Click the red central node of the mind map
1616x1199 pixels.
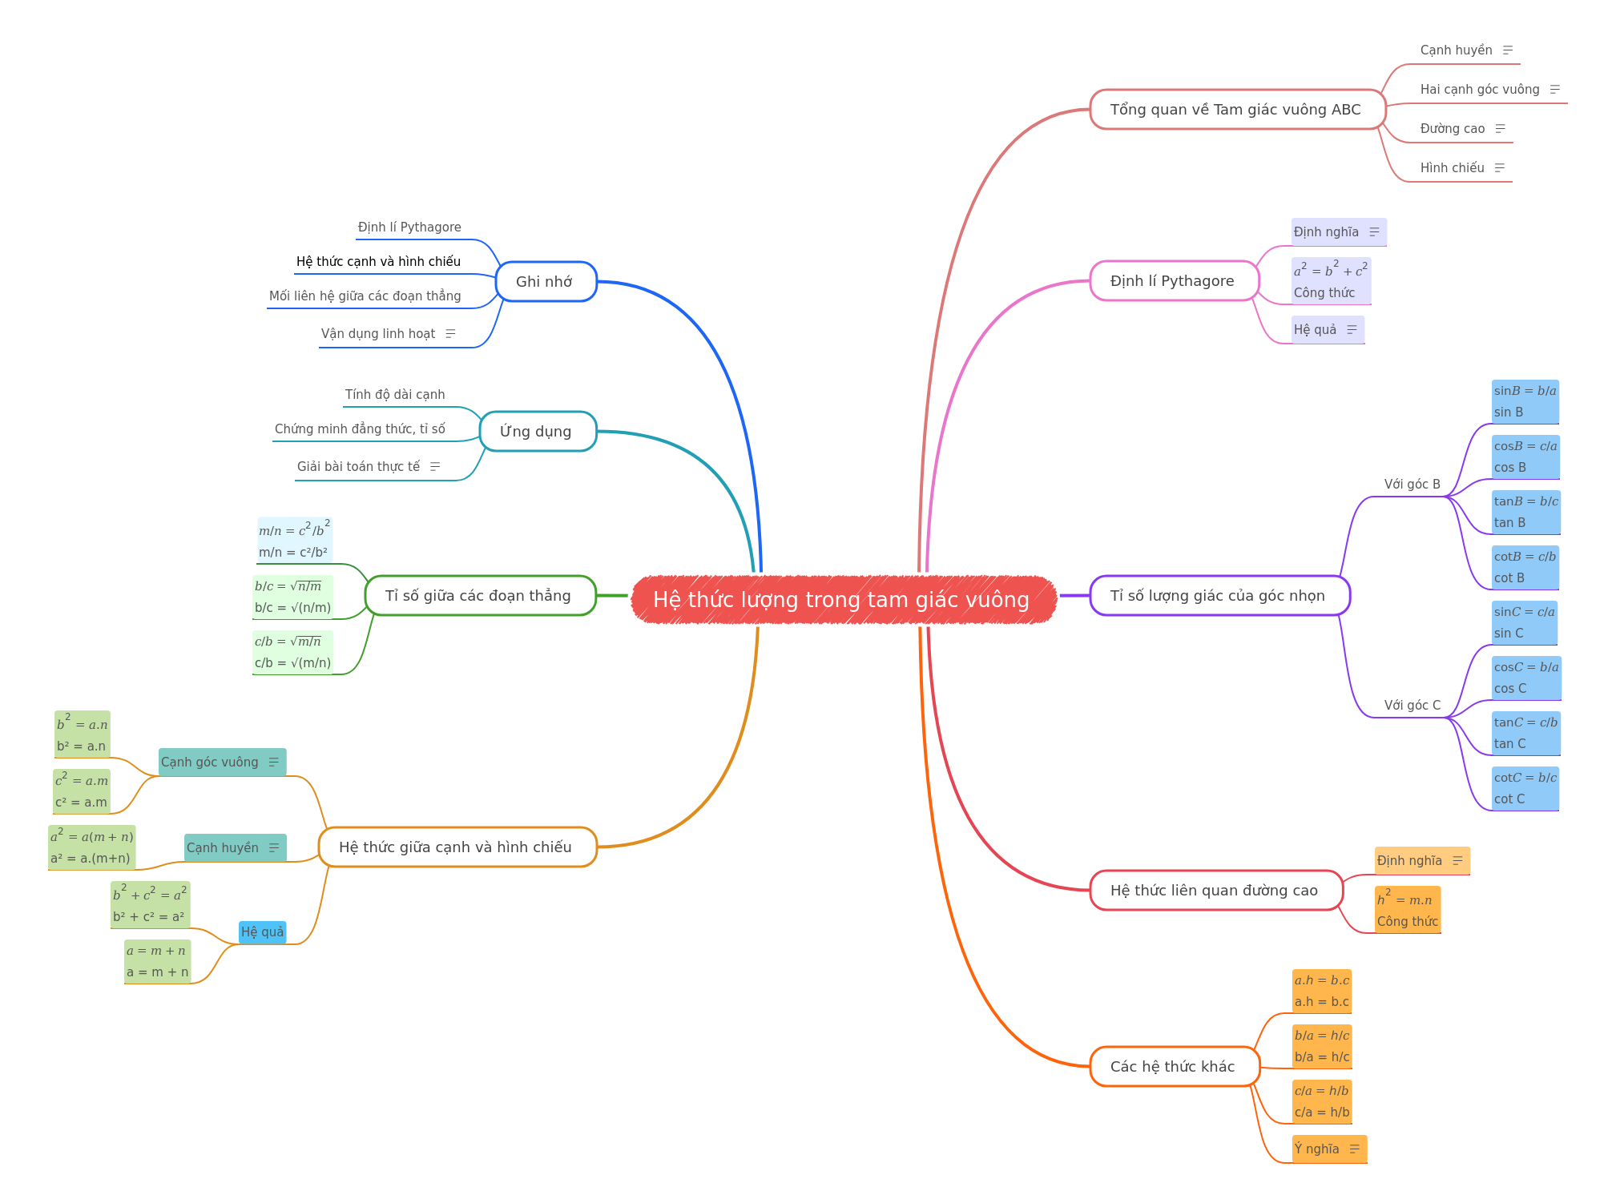click(844, 599)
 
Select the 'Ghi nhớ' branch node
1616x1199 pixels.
click(546, 282)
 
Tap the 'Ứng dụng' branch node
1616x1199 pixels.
click(538, 432)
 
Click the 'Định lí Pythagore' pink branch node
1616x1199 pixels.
click(1174, 281)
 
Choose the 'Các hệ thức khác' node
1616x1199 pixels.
click(1175, 1066)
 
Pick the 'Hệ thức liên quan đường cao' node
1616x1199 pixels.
click(1215, 890)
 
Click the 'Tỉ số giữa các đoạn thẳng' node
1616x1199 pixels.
click(480, 595)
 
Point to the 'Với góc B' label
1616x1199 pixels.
click(1412, 484)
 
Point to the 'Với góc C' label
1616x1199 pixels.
click(1412, 705)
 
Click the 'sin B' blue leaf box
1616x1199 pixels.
click(1525, 401)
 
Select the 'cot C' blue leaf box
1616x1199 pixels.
click(1525, 788)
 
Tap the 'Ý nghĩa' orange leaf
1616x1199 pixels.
click(1329, 1149)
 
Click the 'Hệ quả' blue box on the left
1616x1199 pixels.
click(262, 931)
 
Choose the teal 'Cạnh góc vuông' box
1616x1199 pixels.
click(222, 762)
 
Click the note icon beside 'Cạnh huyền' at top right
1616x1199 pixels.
click(1508, 50)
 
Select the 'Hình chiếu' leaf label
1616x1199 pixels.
click(1452, 167)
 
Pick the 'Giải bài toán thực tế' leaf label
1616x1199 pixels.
click(358, 466)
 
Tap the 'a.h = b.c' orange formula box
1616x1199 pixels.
click(1322, 991)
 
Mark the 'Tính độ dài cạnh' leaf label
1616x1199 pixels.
click(395, 394)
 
